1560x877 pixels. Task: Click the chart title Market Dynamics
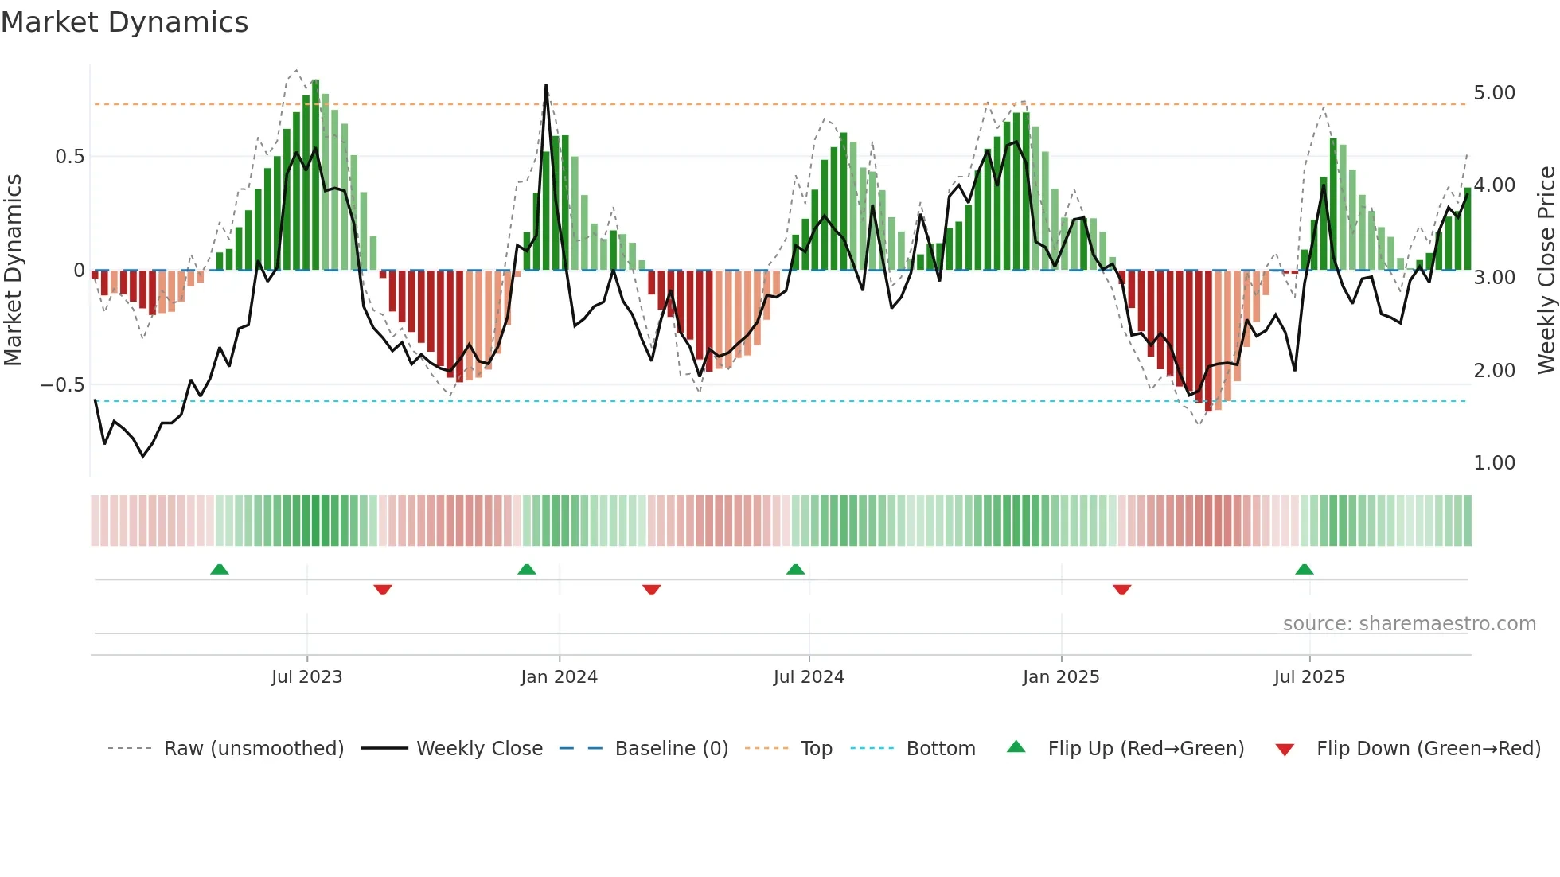(x=125, y=22)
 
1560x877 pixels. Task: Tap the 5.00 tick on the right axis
(x=1494, y=93)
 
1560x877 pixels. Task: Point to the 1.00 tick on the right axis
(x=1494, y=463)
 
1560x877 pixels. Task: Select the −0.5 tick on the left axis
(x=63, y=385)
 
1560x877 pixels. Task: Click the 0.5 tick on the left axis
(x=69, y=157)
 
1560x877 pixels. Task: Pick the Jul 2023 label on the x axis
(x=306, y=677)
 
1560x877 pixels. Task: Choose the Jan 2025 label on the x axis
(x=1060, y=677)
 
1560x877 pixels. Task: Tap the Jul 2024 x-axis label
(x=808, y=677)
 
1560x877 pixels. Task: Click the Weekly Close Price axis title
(x=1546, y=271)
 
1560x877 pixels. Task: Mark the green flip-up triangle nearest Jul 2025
(x=1304, y=569)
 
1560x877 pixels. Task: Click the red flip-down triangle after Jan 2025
(x=1122, y=590)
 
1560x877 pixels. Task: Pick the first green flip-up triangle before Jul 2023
(x=220, y=569)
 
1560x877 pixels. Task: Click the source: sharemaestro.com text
(x=1409, y=624)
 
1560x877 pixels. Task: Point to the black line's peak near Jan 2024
(x=546, y=85)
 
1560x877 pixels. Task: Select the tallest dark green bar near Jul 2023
(x=315, y=175)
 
